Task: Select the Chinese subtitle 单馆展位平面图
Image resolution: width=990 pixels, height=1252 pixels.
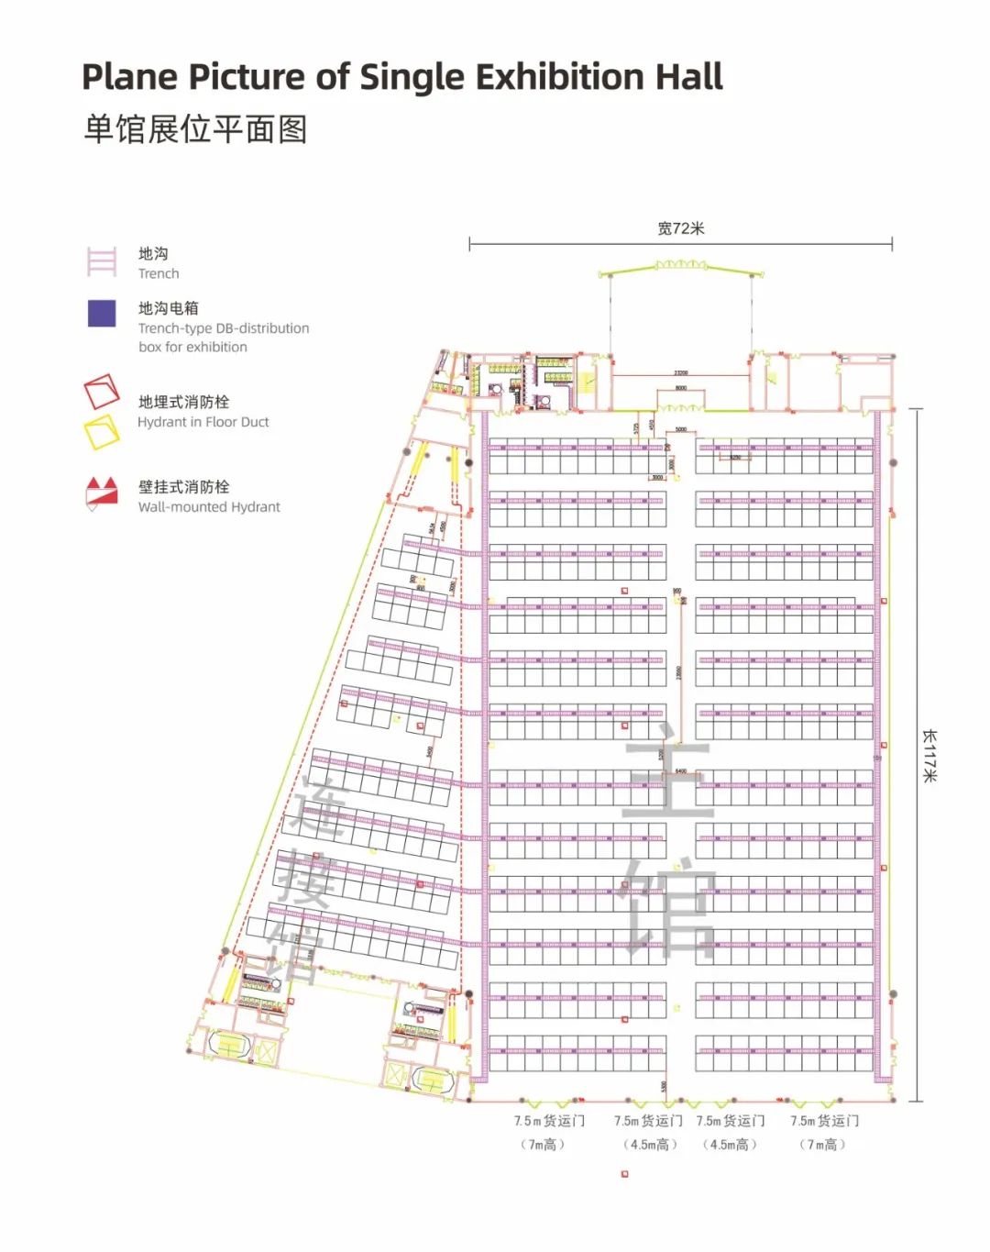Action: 195,129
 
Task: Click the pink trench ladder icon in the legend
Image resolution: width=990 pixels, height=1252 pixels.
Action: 102,261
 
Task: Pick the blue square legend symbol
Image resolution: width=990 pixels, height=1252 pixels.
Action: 102,314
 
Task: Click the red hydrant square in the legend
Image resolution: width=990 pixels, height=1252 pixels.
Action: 102,392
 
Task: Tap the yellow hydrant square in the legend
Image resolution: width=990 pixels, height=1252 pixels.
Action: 102,432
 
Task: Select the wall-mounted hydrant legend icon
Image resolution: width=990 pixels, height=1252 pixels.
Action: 102,493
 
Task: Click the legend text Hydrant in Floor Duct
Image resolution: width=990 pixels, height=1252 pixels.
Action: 203,422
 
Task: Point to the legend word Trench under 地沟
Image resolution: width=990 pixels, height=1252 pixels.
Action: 159,273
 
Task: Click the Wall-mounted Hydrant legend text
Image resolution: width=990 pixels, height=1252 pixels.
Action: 209,507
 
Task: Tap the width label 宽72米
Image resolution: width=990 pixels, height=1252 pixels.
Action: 680,228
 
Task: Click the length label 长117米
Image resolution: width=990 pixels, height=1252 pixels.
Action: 929,755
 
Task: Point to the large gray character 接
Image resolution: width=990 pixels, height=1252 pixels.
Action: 302,878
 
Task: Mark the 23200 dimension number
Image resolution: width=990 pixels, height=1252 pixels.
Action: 680,373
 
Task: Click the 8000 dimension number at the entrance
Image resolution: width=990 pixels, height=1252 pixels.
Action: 680,388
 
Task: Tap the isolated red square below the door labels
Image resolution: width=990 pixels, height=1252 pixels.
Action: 625,1174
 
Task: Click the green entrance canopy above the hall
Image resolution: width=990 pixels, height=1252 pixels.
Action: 680,266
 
